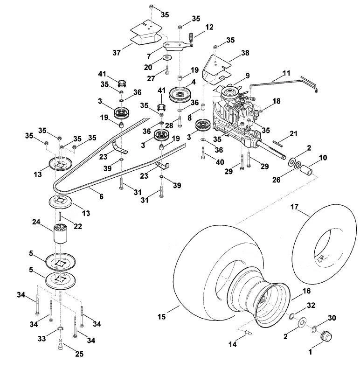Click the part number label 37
(117, 53)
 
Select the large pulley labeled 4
(180, 95)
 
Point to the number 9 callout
(248, 76)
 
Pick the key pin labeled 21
(277, 143)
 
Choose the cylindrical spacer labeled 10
(307, 170)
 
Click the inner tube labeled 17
(323, 244)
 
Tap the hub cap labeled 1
(326, 336)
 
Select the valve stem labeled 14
(249, 332)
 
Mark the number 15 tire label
(161, 317)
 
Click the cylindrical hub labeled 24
(61, 234)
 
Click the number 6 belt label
(101, 197)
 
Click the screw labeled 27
(167, 70)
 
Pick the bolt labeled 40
(203, 153)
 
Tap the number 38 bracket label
(245, 53)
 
